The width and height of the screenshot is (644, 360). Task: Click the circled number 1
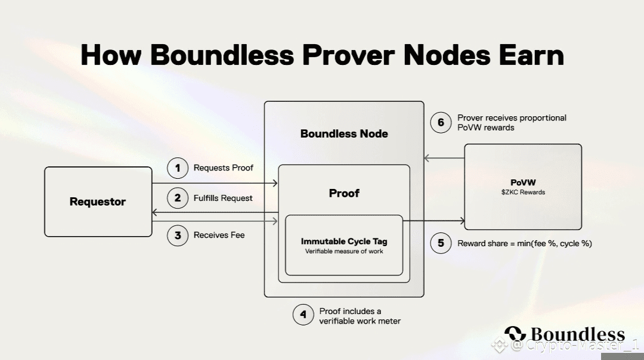[x=177, y=168]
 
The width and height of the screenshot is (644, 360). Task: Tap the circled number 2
[x=177, y=198]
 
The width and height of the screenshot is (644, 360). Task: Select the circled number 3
[x=177, y=235]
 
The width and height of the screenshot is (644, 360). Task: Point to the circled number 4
[x=304, y=315]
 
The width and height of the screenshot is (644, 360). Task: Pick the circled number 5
[x=441, y=243]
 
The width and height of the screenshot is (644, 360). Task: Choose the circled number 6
[x=441, y=122]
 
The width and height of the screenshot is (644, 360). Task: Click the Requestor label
[x=98, y=201]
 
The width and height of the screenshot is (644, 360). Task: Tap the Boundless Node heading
[x=344, y=134]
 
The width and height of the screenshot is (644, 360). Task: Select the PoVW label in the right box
[x=522, y=182]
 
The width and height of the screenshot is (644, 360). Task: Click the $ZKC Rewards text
[x=522, y=193]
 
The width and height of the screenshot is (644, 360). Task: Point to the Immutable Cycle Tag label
[x=344, y=241]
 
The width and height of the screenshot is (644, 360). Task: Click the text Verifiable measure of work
[x=344, y=252]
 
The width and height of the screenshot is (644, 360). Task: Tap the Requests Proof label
[x=224, y=168]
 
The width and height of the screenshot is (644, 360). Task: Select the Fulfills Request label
[x=223, y=198]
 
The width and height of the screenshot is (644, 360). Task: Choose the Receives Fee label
[x=219, y=235]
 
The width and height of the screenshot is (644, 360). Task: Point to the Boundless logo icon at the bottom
[x=515, y=335]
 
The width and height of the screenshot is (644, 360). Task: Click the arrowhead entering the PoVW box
[x=462, y=221]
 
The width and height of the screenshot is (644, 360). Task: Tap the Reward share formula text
[x=525, y=243]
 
